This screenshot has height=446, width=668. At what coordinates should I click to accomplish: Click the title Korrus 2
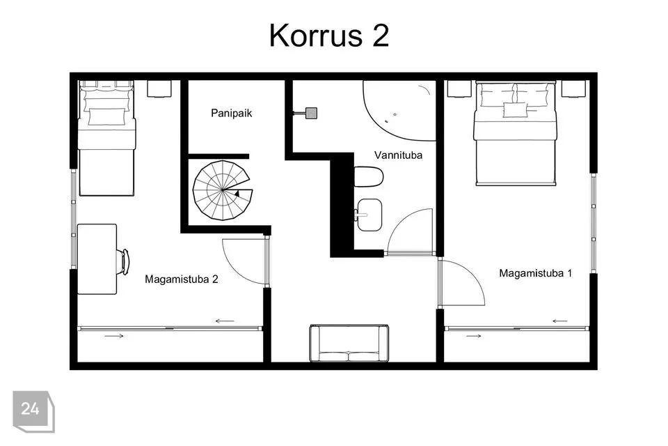(x=329, y=35)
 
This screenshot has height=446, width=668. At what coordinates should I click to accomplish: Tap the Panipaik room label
(x=231, y=113)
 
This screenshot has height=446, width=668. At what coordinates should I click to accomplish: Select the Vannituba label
(x=398, y=155)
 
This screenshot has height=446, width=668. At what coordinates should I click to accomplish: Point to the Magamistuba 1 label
(x=536, y=273)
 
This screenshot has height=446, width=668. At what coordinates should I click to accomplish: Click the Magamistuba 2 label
(x=182, y=279)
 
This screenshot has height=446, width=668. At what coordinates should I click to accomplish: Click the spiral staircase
(x=223, y=190)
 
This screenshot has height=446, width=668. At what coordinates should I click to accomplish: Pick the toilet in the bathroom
(x=369, y=176)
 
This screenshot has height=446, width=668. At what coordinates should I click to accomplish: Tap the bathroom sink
(x=369, y=215)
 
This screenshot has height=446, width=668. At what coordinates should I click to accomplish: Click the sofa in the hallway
(x=349, y=344)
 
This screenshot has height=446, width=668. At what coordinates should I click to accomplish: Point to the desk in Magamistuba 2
(x=97, y=259)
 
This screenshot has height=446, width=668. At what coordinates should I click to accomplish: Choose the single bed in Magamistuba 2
(x=106, y=138)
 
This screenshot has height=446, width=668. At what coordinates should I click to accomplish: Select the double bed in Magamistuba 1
(x=516, y=133)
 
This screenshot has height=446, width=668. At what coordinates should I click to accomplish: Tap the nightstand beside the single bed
(x=159, y=89)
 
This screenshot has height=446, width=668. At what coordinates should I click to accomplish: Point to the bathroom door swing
(x=410, y=232)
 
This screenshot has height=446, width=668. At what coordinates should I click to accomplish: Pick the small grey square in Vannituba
(x=312, y=113)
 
